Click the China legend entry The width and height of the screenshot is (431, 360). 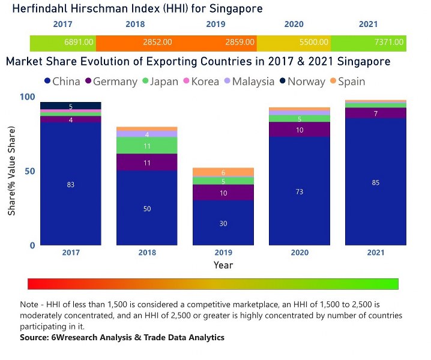click(62, 82)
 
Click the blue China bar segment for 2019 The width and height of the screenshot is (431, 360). click(223, 223)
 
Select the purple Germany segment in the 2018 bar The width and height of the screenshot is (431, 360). click(146, 163)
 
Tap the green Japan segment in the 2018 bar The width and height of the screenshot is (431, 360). click(146, 146)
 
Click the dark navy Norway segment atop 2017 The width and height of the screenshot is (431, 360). click(71, 106)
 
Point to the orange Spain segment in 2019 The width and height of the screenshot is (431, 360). click(223, 172)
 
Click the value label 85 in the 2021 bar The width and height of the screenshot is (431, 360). click(375, 182)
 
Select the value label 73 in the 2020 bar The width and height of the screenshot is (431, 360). click(299, 192)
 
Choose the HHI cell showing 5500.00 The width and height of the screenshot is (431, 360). click(315, 43)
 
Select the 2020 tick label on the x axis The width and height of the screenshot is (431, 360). click(299, 253)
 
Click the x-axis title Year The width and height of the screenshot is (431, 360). click(223, 265)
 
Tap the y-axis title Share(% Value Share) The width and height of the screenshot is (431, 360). click(11, 171)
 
